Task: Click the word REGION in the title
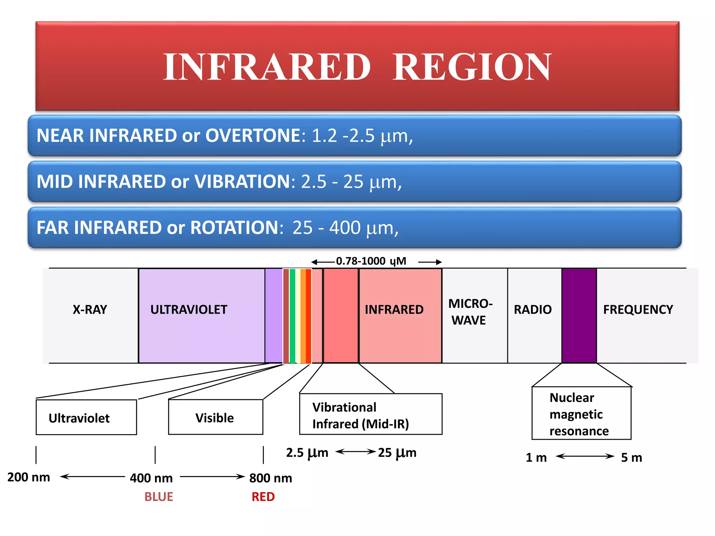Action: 472,67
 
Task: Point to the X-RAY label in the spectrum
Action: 90,310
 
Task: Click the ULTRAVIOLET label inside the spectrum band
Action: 189,310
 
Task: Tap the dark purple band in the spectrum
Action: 579,316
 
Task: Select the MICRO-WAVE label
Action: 470,312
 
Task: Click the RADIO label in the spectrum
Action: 532,310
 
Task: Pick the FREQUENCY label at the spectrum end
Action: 638,310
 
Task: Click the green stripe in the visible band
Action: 293,316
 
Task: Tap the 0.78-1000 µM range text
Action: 371,261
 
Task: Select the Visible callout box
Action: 215,417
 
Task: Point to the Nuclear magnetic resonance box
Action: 581,414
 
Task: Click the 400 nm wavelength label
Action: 151,478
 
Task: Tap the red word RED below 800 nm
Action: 263,497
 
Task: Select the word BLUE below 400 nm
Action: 159,497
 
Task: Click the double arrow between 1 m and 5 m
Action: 585,456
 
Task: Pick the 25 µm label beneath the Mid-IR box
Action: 397,453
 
